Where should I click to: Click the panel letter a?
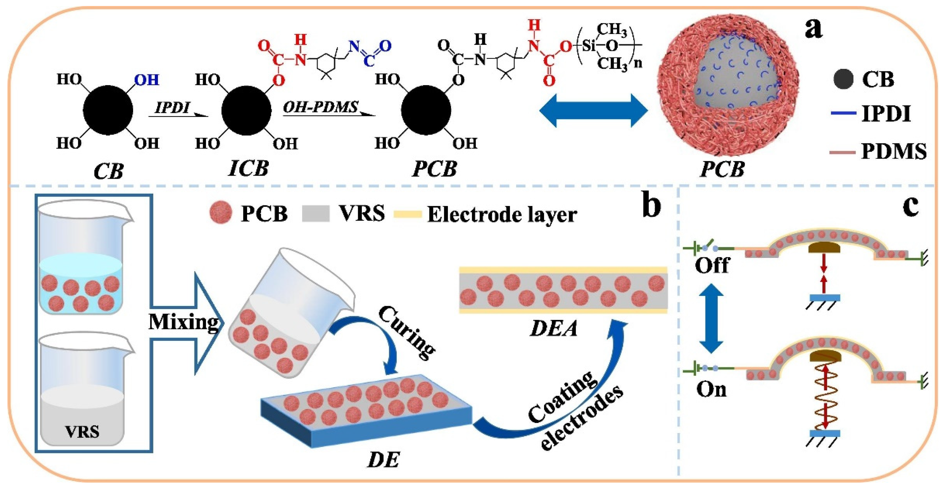click(x=813, y=29)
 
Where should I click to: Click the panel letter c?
click(x=910, y=206)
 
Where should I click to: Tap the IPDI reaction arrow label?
click(x=172, y=108)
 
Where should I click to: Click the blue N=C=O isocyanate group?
click(x=369, y=53)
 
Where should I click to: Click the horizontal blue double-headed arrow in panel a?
click(x=594, y=110)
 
